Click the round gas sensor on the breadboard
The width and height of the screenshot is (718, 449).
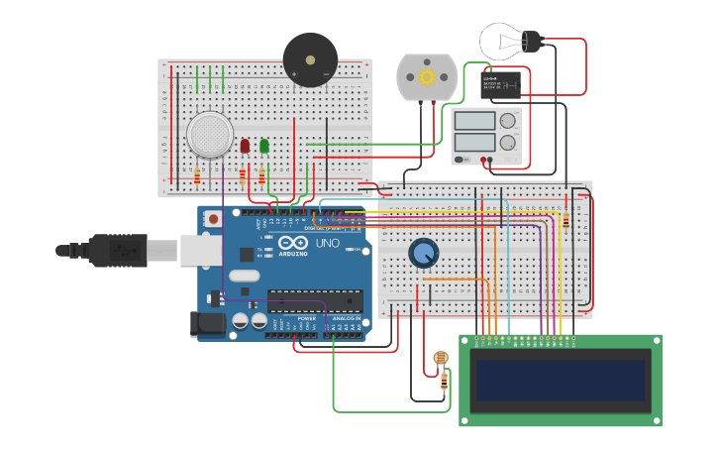[x=210, y=134]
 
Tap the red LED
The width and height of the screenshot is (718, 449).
[x=245, y=147]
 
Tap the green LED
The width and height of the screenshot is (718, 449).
[x=264, y=147]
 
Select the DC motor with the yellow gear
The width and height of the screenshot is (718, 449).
[x=428, y=77]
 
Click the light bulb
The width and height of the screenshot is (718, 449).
[x=505, y=41]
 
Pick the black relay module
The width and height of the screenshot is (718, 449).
[x=501, y=84]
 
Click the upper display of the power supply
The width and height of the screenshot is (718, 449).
[x=473, y=121]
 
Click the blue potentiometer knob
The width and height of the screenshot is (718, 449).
[x=424, y=254]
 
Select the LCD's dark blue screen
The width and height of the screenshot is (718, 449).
[x=560, y=381]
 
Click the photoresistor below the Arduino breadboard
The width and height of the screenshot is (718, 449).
[x=441, y=358]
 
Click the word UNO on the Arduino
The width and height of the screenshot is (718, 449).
[x=327, y=243]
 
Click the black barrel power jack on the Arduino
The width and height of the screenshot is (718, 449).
[x=210, y=322]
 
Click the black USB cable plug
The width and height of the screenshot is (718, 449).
[x=119, y=250]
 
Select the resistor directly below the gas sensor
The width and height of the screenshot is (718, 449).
[x=197, y=176]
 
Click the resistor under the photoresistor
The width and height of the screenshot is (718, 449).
[x=444, y=381]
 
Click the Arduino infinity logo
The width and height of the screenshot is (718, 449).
[x=293, y=243]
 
